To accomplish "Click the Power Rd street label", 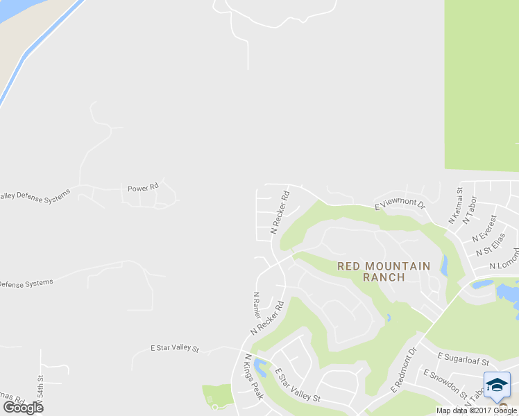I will [144, 187].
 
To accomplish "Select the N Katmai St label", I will [456, 205].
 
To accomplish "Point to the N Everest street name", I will [484, 229].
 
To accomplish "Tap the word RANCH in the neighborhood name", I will [384, 277].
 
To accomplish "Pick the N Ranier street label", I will [256, 305].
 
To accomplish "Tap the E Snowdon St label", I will [445, 383].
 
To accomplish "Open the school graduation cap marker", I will [497, 385].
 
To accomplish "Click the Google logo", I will [23, 408].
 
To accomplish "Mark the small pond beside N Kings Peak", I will [259, 365].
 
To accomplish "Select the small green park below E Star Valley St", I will [217, 396].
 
